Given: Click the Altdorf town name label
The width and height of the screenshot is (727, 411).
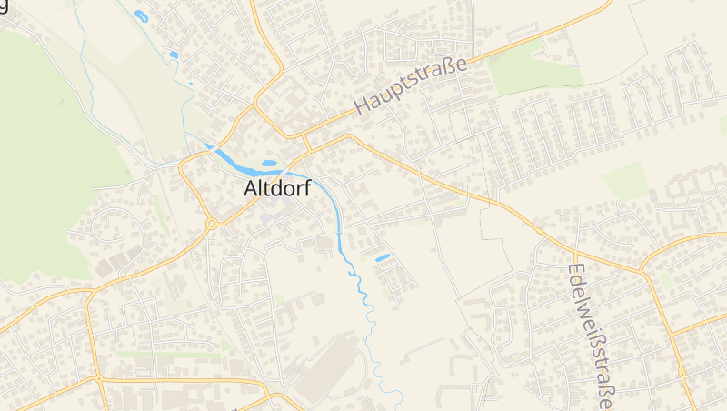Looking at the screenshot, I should (277, 189).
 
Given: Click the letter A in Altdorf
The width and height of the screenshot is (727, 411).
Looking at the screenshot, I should (252, 189).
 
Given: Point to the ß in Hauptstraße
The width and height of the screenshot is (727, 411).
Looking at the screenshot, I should (449, 68).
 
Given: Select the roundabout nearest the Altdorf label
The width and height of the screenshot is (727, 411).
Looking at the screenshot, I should (212, 223).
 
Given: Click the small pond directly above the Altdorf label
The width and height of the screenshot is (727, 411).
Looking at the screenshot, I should (269, 165).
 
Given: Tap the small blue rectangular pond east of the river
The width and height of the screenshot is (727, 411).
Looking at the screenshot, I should (383, 257).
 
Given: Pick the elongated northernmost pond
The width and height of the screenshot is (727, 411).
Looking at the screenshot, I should (141, 15).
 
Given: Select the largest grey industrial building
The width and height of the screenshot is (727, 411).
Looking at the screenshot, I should (327, 368).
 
